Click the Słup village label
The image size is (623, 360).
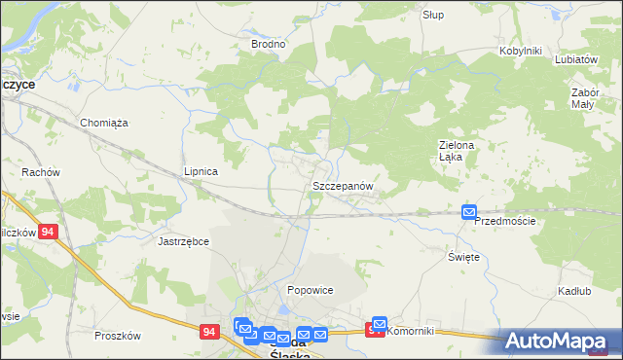pyautogui.click(x=432, y=15)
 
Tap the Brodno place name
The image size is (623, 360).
pyautogui.click(x=268, y=44)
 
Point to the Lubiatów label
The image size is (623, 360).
pyautogui.click(x=575, y=58)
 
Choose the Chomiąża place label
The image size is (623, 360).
pyautogui.click(x=104, y=123)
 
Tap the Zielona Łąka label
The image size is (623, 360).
pyautogui.click(x=455, y=152)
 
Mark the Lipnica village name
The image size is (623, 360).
pyautogui.click(x=201, y=171)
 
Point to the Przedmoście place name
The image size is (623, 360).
pyautogui.click(x=504, y=222)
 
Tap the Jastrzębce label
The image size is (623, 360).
pyautogui.click(x=183, y=240)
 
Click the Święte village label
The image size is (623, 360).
pyautogui.click(x=463, y=256)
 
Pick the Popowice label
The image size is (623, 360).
pyautogui.click(x=311, y=290)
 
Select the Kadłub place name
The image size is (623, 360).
pyautogui.click(x=575, y=291)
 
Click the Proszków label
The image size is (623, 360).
pyautogui.click(x=118, y=336)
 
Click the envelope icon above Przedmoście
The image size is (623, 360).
pyautogui.click(x=469, y=212)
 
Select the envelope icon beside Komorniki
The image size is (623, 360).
pyautogui.click(x=379, y=324)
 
